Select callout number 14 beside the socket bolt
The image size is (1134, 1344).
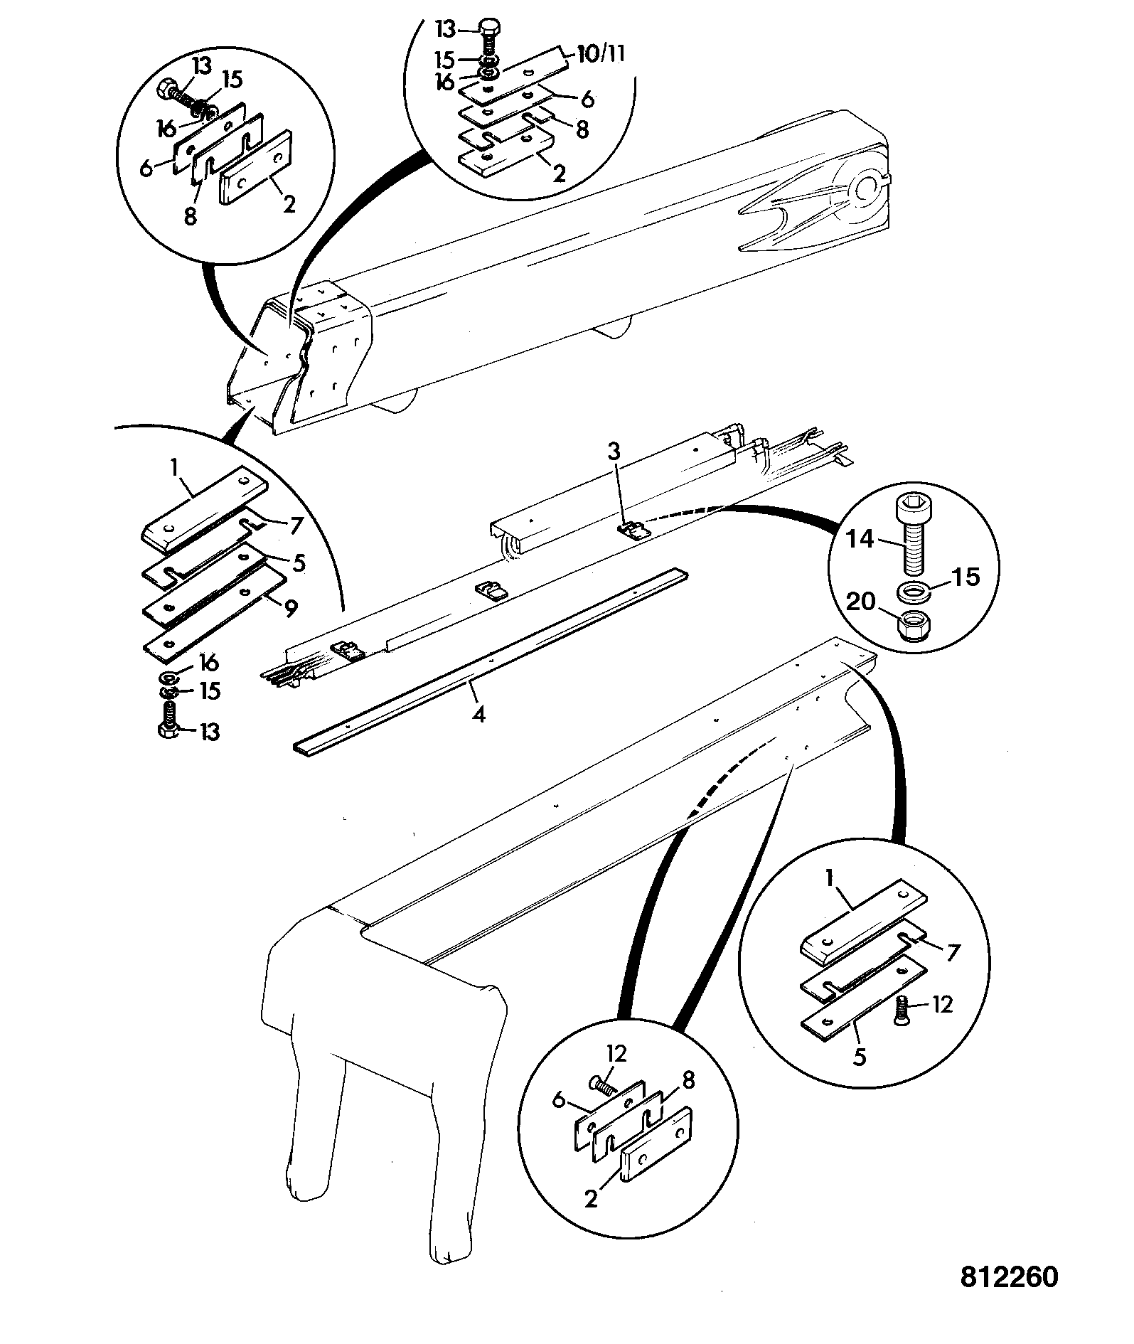(860, 538)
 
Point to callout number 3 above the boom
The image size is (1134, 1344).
(614, 451)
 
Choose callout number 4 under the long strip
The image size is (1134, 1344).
(479, 713)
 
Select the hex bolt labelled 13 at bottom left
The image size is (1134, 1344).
(170, 720)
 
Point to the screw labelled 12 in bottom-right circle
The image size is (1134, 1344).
(902, 1006)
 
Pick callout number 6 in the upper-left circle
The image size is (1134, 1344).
(148, 169)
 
